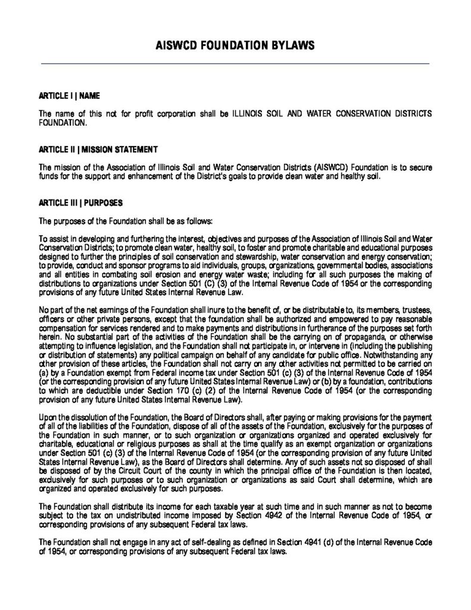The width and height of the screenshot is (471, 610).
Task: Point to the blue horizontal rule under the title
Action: coord(235,63)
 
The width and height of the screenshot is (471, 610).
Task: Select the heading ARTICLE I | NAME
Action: coord(69,95)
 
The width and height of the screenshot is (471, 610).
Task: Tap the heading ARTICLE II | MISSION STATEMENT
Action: coord(98,148)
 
